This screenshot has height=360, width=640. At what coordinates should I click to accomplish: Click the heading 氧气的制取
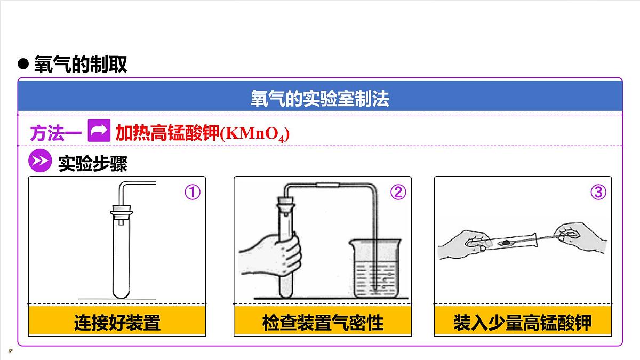tap(81, 64)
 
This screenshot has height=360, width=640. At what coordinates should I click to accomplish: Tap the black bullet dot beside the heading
tap(23, 63)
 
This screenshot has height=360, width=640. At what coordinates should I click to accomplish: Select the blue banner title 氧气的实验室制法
tap(320, 99)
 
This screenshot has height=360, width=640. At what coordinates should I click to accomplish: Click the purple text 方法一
tap(55, 133)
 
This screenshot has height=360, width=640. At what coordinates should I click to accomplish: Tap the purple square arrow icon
tap(99, 131)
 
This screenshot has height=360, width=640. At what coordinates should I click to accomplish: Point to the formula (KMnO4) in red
tap(255, 134)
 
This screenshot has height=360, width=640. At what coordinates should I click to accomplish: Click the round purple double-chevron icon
tap(40, 161)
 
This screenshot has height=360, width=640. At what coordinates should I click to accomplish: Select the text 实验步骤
tap(93, 163)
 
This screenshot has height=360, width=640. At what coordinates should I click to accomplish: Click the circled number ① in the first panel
tap(193, 192)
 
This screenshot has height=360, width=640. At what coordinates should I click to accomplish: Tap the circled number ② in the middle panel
tap(398, 192)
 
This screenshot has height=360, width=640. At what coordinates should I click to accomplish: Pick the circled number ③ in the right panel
tap(598, 192)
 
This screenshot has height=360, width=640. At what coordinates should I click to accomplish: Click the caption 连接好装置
tap(117, 323)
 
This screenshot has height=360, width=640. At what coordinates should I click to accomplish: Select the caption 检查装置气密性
tap(323, 323)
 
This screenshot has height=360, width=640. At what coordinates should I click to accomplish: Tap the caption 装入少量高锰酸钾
tap(523, 323)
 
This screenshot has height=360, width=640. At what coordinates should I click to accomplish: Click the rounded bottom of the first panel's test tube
tap(122, 292)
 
